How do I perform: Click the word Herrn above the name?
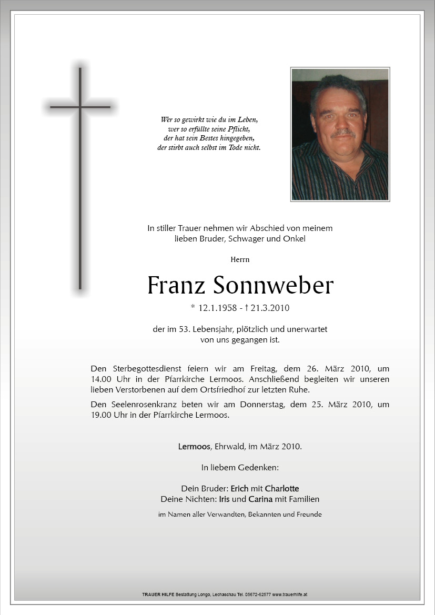[240, 259]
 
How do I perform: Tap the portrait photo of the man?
[340, 134]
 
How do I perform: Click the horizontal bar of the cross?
[80, 107]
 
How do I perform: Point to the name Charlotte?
[282, 488]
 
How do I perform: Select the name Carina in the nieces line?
[260, 499]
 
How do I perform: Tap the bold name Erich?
[239, 488]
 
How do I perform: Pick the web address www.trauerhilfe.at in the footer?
[290, 594]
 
